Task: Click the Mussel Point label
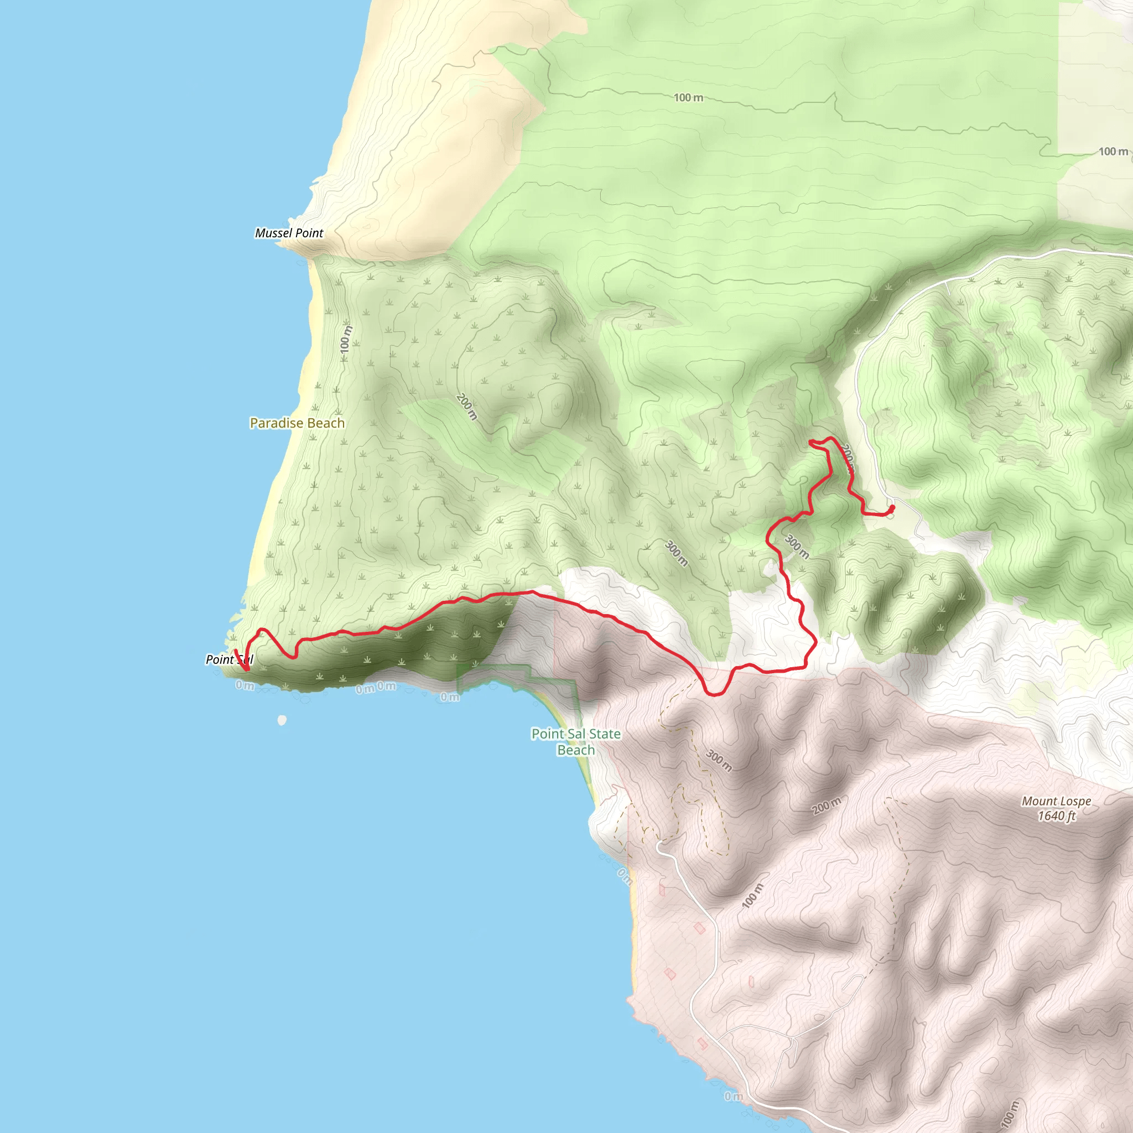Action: [289, 233]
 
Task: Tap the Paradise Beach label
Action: [297, 423]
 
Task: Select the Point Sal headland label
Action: [228, 659]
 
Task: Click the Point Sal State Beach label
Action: [575, 741]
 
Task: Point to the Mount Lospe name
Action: [1056, 801]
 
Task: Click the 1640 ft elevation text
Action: [1056, 816]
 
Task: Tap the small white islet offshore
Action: [282, 720]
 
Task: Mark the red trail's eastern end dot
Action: [892, 507]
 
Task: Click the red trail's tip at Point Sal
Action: [236, 651]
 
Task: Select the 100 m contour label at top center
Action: [688, 97]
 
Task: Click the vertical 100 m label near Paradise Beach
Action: [345, 339]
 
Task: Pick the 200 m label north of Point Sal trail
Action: [467, 407]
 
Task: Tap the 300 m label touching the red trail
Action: [797, 547]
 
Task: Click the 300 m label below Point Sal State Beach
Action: [719, 761]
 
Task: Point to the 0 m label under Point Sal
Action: [245, 685]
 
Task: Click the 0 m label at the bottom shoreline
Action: [733, 1096]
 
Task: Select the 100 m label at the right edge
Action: [1113, 151]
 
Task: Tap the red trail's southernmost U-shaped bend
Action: [715, 694]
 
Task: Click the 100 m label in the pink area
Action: [752, 896]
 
